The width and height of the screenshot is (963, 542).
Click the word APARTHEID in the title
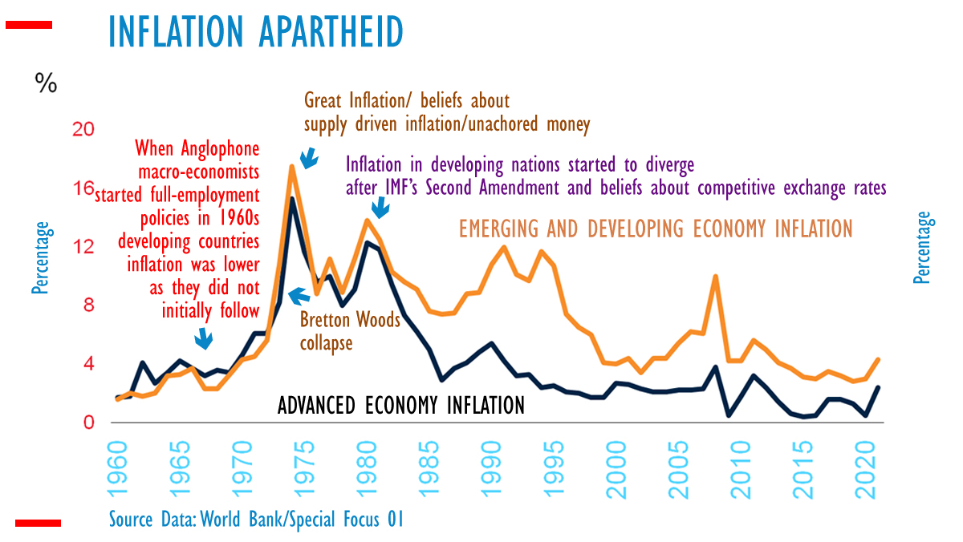329,32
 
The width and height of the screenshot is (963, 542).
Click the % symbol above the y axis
45,83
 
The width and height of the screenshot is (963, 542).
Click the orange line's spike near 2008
715,277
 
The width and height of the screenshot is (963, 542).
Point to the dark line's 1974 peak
293,198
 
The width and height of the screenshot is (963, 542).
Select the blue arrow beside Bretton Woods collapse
298,297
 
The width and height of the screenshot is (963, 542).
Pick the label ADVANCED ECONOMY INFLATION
400,405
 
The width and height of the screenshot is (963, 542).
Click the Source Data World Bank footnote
256,519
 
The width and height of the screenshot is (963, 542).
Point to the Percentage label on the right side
922,248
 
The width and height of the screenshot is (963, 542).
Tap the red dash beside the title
29,25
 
